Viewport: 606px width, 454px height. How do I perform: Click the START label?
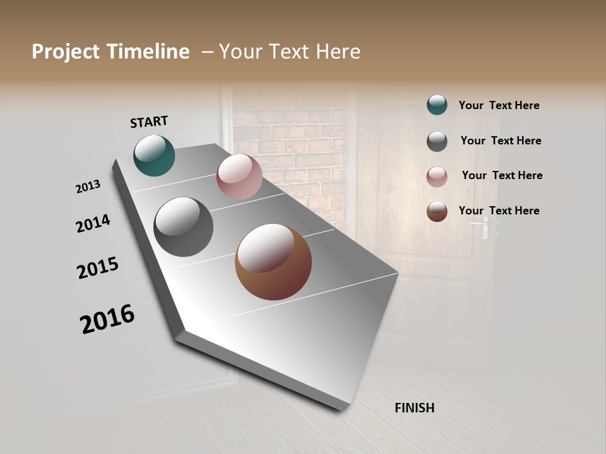click(x=149, y=122)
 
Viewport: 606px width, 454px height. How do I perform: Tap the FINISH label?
click(x=414, y=408)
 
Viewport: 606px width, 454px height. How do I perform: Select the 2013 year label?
click(x=88, y=186)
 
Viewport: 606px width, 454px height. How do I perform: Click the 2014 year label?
click(x=93, y=224)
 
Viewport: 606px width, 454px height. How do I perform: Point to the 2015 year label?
click(x=98, y=268)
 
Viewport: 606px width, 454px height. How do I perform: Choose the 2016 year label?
click(x=107, y=319)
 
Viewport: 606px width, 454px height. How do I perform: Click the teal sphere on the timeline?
click(x=154, y=155)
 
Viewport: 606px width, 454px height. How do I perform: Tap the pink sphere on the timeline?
click(x=239, y=177)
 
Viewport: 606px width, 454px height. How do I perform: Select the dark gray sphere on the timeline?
click(x=183, y=227)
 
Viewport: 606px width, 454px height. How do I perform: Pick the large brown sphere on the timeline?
click(x=273, y=262)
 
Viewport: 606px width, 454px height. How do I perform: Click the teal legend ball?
click(x=437, y=105)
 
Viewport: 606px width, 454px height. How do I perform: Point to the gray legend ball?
click(x=437, y=141)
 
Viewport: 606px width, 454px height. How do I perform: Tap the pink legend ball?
click(x=437, y=177)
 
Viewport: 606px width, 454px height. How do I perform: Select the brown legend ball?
click(x=437, y=211)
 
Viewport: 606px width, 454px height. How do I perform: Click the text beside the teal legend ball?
click(x=499, y=106)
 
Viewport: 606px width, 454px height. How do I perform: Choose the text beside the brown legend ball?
click(x=499, y=211)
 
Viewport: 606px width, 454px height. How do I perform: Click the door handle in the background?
click(x=485, y=227)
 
